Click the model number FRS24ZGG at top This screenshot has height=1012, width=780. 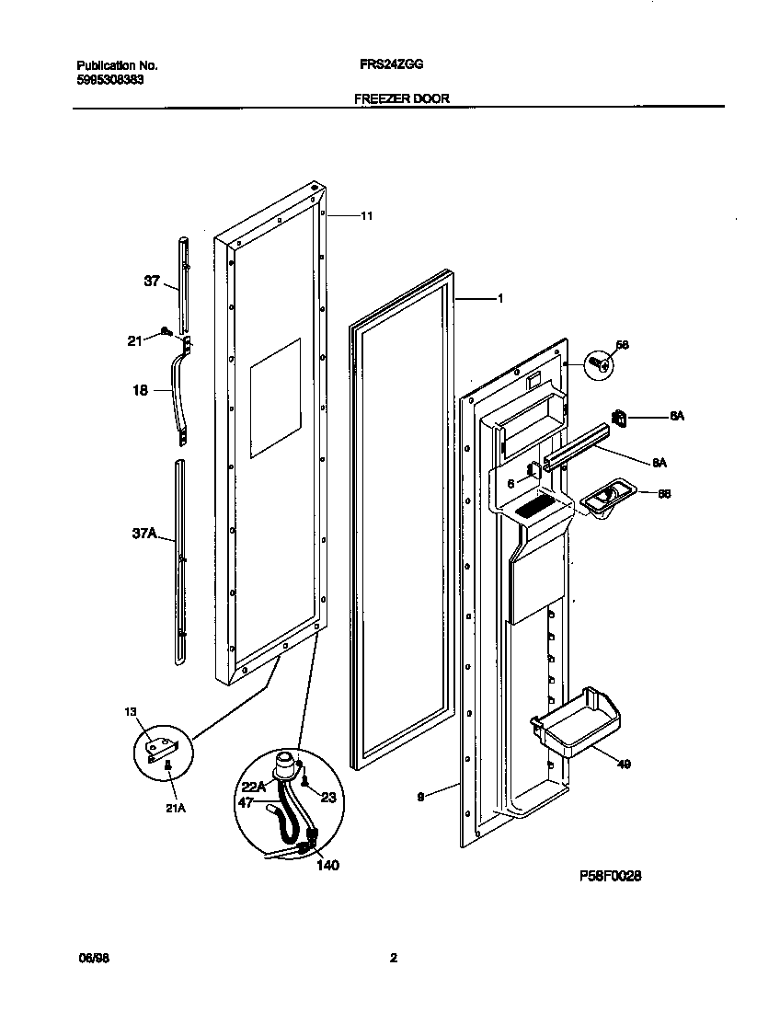391,65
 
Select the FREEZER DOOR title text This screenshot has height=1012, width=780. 402,98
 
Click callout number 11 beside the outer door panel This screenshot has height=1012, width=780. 366,216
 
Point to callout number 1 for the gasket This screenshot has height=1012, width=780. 499,298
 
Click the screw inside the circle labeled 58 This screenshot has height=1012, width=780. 602,365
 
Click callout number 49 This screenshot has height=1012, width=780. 624,763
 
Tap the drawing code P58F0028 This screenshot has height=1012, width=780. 609,877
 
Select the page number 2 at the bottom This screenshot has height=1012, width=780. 393,958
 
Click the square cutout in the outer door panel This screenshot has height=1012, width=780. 275,398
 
